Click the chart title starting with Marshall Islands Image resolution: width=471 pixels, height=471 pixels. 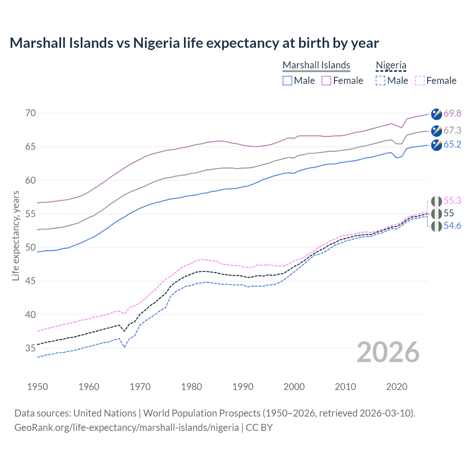pyautogui.click(x=194, y=43)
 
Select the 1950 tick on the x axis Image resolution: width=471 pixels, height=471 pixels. pyautogui.click(x=38, y=387)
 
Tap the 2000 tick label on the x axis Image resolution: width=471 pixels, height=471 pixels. pyautogui.click(x=294, y=387)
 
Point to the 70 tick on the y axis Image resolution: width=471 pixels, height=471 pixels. pyautogui.click(x=31, y=113)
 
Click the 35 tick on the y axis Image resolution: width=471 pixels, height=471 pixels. pyautogui.click(x=31, y=348)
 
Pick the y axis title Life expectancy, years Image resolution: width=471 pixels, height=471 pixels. pyautogui.click(x=15, y=235)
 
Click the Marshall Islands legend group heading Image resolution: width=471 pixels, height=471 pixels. pyautogui.click(x=316, y=65)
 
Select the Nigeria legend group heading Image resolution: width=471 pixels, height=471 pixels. pyautogui.click(x=391, y=65)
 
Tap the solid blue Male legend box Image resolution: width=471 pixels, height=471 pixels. pyautogui.click(x=287, y=81)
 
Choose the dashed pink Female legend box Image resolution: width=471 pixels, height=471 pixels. pyautogui.click(x=420, y=81)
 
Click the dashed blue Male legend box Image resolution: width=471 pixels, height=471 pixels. pyautogui.click(x=380, y=81)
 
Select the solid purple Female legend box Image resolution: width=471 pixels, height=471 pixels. pyautogui.click(x=326, y=81)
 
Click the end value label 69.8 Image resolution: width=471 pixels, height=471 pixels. pyautogui.click(x=452, y=113)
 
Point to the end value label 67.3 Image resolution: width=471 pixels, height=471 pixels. pyautogui.click(x=452, y=130)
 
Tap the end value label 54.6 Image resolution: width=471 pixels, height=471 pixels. pyautogui.click(x=452, y=226)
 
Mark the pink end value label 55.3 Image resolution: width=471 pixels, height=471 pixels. pyautogui.click(x=452, y=201)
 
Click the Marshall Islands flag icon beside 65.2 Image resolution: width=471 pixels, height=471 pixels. pyautogui.click(x=436, y=145)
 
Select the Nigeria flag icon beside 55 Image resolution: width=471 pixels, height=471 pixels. pyautogui.click(x=436, y=214)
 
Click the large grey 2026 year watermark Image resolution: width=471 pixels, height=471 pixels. pyautogui.click(x=388, y=352)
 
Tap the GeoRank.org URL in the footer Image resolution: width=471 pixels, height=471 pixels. pyautogui.click(x=127, y=428)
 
